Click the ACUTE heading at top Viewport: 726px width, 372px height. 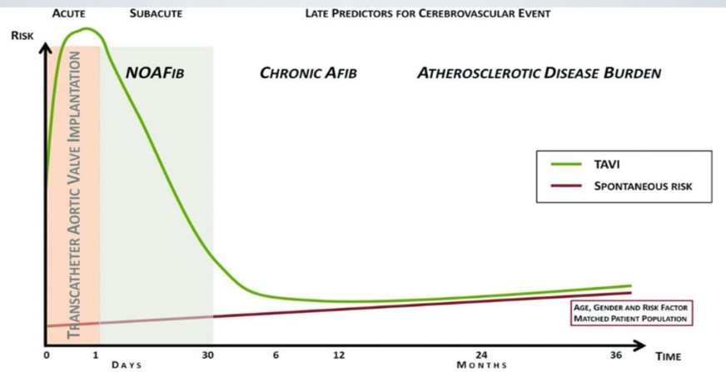pos(68,14)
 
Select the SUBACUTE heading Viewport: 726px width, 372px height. pos(157,14)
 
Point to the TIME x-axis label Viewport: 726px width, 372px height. pos(668,355)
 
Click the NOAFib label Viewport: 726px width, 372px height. pos(154,73)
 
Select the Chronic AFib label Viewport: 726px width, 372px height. pos(308,73)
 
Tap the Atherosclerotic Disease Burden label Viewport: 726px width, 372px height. pos(539,73)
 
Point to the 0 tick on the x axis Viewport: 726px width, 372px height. pos(47,355)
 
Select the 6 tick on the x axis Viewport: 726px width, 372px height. pos(275,355)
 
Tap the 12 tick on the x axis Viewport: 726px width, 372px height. pos(338,355)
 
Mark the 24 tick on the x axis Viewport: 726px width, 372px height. pos(482,355)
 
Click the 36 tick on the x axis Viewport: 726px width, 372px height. pos(616,355)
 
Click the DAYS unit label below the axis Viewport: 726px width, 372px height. pos(127,365)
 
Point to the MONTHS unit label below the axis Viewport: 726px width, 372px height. pos(481,365)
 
